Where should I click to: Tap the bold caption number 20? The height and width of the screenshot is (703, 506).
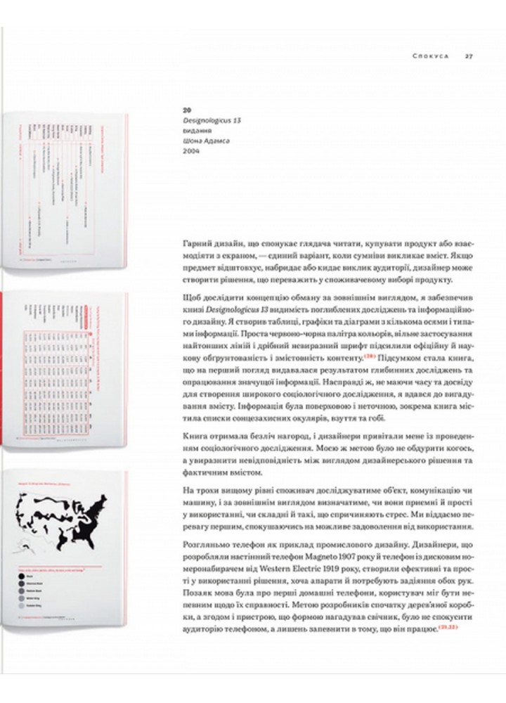pyautogui.click(x=186, y=110)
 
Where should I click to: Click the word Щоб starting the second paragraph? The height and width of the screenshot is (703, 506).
pyautogui.click(x=193, y=297)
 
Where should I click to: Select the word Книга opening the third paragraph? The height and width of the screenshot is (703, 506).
pyautogui.click(x=196, y=437)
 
